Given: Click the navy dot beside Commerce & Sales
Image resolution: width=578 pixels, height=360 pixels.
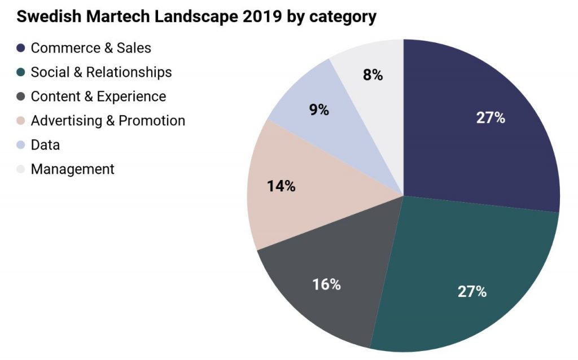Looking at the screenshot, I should pos(21,49).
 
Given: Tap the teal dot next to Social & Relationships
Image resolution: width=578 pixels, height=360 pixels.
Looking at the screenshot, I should pos(21,73).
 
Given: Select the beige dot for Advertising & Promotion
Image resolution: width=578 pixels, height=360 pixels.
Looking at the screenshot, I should pos(21,121).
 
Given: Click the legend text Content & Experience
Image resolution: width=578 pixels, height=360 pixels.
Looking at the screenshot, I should pos(98,96).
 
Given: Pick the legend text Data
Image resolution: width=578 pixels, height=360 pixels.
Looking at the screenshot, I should pos(45,145).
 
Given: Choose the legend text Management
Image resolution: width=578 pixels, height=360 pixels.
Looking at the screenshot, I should pos(72,169).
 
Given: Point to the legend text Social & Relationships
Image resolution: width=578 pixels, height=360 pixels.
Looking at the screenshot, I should pos(101,73).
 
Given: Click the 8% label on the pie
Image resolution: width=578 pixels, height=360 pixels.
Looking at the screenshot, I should pos(373,75).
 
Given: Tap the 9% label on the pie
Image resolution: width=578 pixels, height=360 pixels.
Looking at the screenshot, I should pos(319,109).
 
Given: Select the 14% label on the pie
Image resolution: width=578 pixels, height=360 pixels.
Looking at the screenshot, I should pos(281,186).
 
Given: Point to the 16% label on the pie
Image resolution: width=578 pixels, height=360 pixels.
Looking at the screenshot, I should pos(326,284).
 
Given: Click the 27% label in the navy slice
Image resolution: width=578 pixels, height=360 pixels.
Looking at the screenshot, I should pos(490,118).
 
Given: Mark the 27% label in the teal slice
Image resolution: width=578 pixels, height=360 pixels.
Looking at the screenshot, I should pos(472,292).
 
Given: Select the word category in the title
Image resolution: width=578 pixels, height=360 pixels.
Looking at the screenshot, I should pos(345,17).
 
